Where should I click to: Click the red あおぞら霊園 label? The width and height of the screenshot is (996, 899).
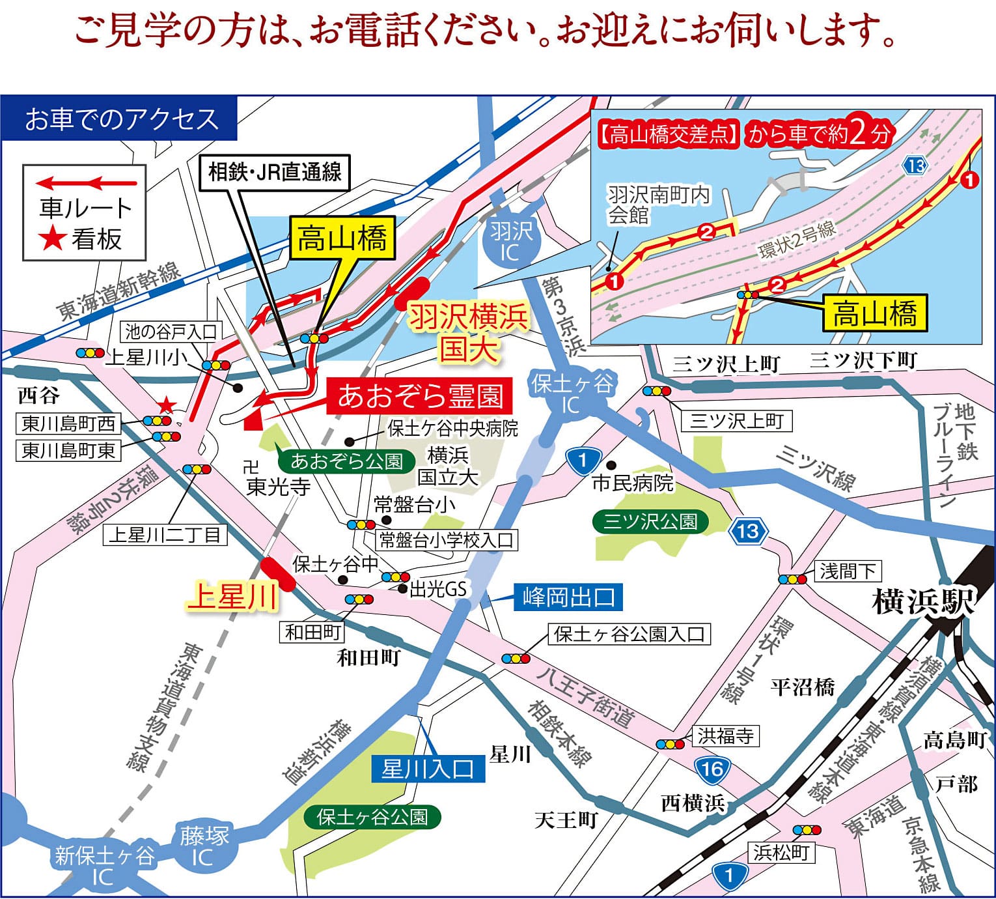(x=420, y=396)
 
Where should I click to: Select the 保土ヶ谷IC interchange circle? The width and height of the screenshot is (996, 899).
(x=572, y=393)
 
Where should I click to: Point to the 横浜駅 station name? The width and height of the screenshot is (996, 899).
(x=922, y=601)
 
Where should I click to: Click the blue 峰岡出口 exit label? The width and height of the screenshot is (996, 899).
(x=568, y=597)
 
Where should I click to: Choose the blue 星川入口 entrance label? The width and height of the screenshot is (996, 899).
(x=428, y=769)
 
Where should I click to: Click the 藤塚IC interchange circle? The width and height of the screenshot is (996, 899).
(x=204, y=845)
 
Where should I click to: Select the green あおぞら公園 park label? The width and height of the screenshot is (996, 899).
(x=346, y=461)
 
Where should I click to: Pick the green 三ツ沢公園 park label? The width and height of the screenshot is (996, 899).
(x=650, y=521)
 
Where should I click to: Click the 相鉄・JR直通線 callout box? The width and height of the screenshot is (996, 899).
(x=274, y=172)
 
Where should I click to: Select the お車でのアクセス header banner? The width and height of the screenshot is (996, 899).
(x=120, y=119)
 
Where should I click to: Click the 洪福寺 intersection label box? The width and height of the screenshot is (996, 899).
(x=725, y=736)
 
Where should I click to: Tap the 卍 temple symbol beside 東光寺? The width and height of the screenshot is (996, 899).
(x=251, y=466)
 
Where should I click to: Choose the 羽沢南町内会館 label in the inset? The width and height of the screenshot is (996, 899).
(x=658, y=204)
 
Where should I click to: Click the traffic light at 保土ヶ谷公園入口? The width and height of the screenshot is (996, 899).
(x=516, y=659)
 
